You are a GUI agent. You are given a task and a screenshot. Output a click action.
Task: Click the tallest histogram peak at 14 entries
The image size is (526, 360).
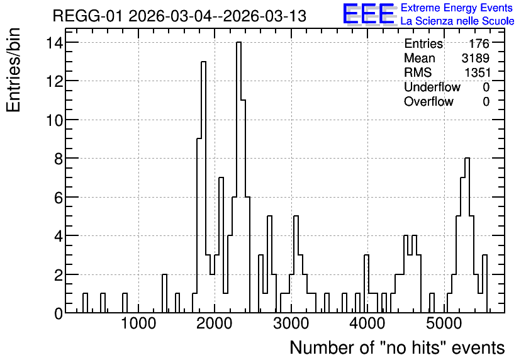(x=238, y=43)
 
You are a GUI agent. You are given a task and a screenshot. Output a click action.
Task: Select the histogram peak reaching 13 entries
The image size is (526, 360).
(x=203, y=62)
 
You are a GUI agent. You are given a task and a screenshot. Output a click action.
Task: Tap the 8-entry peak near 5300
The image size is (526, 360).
(x=467, y=159)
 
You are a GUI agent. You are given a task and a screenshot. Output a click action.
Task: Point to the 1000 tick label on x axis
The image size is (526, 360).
(x=138, y=324)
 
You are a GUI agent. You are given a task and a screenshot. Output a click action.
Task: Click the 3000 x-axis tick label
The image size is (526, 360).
(x=291, y=324)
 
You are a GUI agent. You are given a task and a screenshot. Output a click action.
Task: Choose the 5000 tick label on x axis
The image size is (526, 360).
(x=444, y=324)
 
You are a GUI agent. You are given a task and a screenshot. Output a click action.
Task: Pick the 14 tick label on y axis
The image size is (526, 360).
(x=54, y=43)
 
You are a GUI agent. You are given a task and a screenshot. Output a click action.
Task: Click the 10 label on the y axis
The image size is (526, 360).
(x=54, y=120)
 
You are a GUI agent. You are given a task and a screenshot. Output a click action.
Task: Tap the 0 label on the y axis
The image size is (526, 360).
(x=59, y=313)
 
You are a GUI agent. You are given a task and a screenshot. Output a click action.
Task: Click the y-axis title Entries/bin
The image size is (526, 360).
(x=13, y=70)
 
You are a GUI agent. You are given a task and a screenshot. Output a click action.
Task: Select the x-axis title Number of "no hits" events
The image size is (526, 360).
(x=397, y=347)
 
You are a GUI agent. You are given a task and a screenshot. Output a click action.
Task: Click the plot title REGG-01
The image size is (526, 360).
(x=87, y=16)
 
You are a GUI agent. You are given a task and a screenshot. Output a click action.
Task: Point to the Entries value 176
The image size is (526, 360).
(x=479, y=43)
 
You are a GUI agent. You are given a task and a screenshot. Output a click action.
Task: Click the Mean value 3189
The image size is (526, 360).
(x=475, y=58)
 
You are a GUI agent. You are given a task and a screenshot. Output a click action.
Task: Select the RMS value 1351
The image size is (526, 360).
(x=477, y=72)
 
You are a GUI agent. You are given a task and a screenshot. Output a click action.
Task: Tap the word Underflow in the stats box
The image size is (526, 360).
(x=432, y=87)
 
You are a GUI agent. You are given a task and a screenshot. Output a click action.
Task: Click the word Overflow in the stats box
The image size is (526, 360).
(x=428, y=101)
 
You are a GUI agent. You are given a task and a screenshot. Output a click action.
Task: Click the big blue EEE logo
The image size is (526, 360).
(x=369, y=14)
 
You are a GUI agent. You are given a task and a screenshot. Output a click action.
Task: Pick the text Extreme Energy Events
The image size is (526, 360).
(x=457, y=8)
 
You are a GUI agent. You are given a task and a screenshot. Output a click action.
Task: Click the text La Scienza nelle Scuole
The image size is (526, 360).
(x=457, y=21)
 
